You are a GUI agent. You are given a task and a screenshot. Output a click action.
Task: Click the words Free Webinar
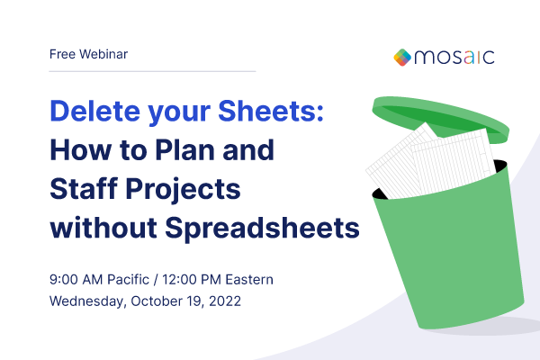(x=88, y=54)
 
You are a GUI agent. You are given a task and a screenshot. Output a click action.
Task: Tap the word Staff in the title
(x=86, y=188)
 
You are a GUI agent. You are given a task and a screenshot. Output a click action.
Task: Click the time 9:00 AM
(x=77, y=279)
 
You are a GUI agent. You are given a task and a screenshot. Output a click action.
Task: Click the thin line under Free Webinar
(x=153, y=70)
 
